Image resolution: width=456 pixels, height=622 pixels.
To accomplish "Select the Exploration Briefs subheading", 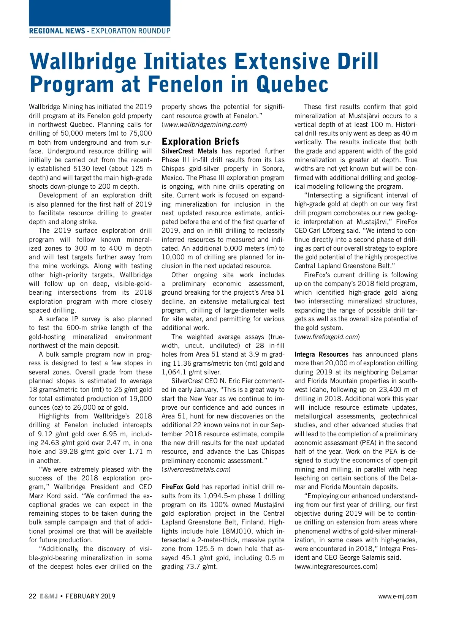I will coord(200,141).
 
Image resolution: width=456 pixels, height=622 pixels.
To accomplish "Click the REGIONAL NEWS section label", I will coord(57,31).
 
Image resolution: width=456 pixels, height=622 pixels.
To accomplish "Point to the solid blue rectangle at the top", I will coord(100,13).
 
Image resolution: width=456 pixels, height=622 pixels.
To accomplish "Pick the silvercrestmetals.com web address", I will coord(196,469).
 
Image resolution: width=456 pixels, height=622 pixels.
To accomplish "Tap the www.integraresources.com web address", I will coord(336,567).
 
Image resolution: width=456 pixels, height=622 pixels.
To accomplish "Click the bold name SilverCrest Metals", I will coord(189,151).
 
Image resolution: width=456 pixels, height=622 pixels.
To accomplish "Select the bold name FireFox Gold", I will coord(180,487).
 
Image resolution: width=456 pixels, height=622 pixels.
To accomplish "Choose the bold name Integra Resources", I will coord(321,354).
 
